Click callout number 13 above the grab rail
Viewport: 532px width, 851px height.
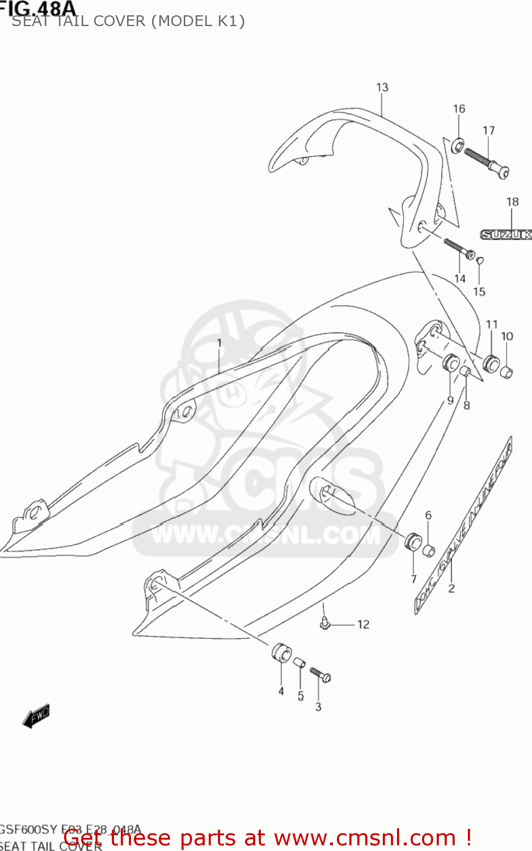382,87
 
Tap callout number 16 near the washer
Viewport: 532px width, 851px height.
459,108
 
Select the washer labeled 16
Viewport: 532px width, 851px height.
457,146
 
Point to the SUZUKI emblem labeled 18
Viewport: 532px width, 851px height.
506,234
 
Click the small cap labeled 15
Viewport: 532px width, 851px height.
479,260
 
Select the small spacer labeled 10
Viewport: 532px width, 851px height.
506,372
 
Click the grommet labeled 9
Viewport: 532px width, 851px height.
451,363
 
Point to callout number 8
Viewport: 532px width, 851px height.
467,405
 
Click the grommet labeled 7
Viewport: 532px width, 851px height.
413,541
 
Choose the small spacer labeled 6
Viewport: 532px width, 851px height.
429,550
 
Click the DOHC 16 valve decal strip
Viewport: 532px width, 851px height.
464,524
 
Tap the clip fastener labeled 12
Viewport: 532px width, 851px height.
324,623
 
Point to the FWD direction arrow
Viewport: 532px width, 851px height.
36,717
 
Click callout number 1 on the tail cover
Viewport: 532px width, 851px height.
219,343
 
